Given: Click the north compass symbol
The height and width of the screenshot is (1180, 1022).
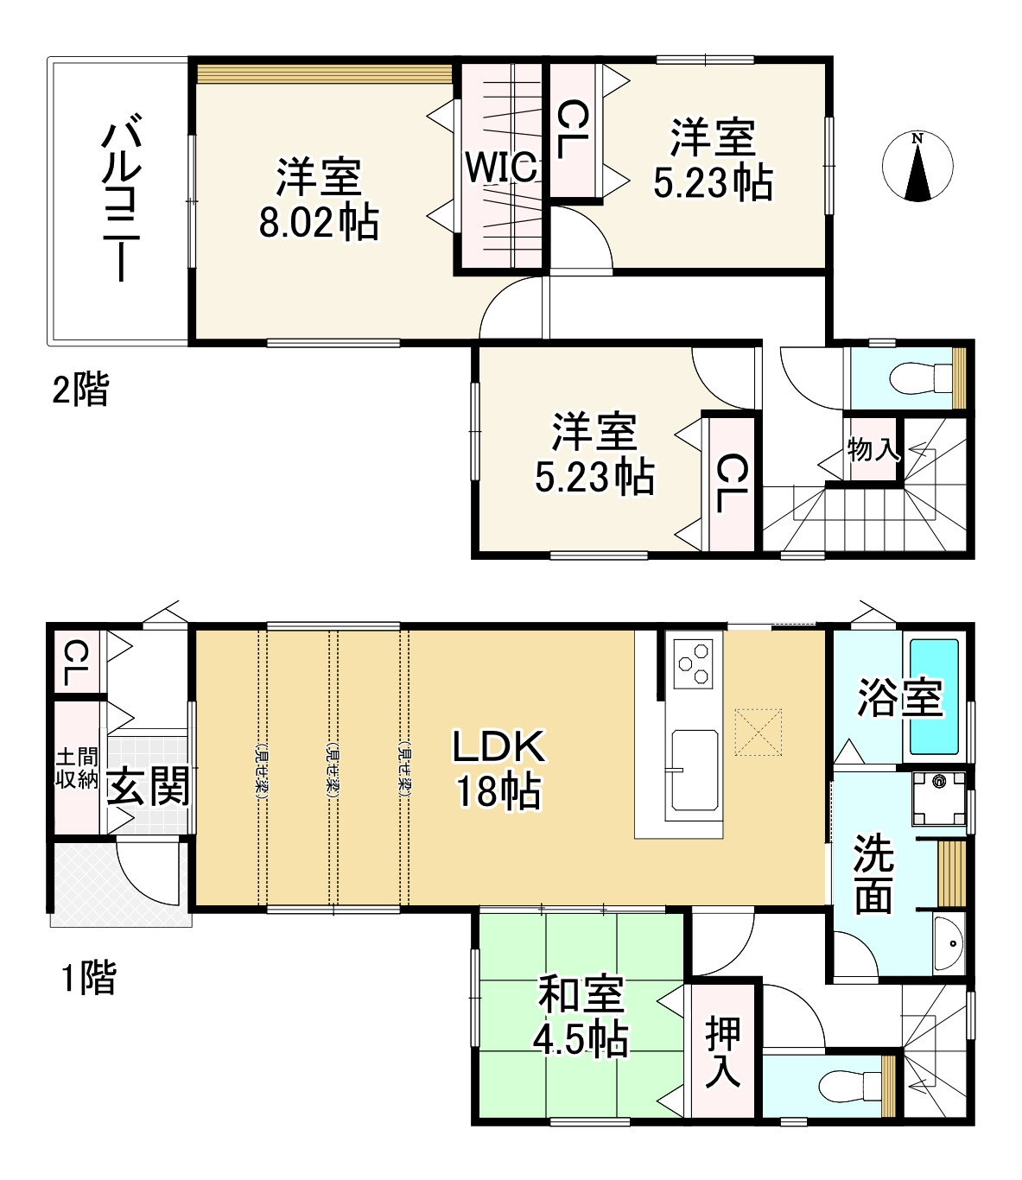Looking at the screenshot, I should [x=917, y=167].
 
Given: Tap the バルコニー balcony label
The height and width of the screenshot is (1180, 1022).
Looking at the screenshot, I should [x=117, y=202].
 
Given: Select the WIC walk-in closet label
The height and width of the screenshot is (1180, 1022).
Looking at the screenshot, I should [x=501, y=168].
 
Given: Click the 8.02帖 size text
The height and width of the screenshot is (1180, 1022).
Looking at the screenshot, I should [x=318, y=224].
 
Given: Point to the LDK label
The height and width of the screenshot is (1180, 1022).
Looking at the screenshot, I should [x=499, y=747].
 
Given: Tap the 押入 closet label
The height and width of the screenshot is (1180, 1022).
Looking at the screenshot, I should [x=724, y=1050].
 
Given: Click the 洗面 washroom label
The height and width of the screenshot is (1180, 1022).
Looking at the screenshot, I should [x=873, y=873].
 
